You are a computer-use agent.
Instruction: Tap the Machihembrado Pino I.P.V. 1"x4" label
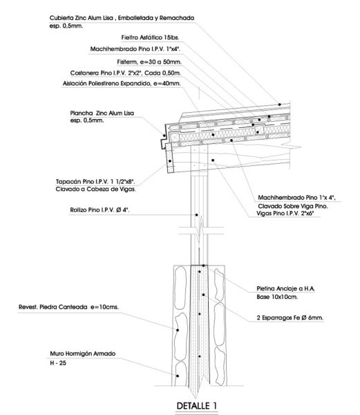[x=136, y=50]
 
